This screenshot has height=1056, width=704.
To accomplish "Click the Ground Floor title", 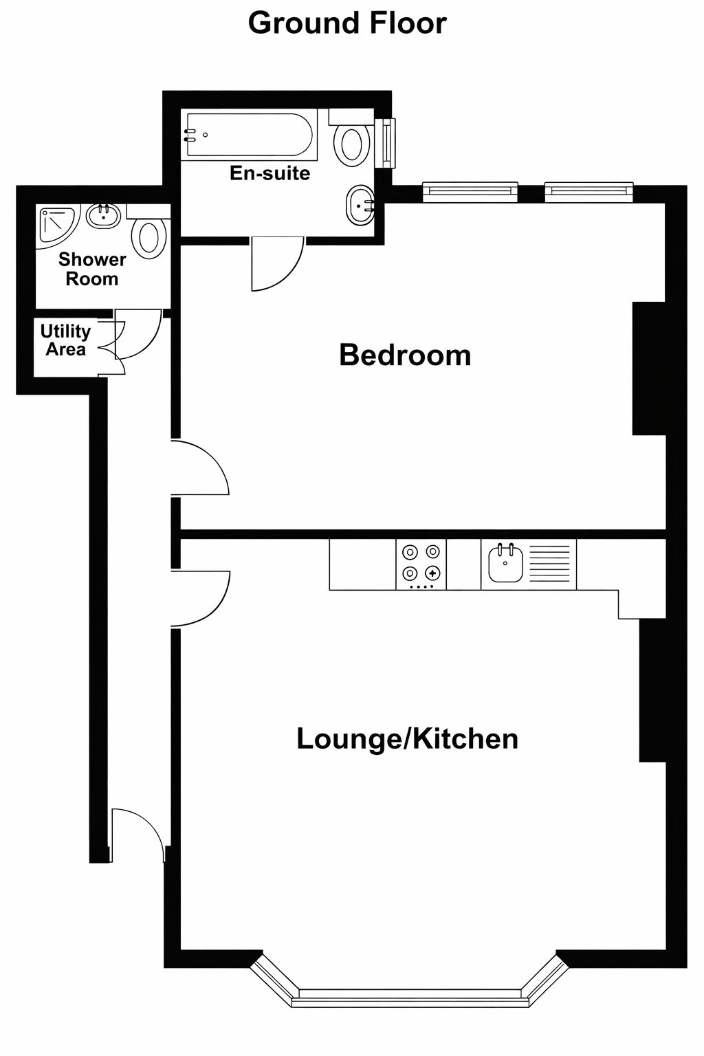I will pyautogui.click(x=347, y=23).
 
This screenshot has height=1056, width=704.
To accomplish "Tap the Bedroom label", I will pyautogui.click(x=405, y=355).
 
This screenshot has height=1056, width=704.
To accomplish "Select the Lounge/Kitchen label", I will pyautogui.click(x=407, y=739).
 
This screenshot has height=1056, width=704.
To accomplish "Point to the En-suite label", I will pyautogui.click(x=269, y=173).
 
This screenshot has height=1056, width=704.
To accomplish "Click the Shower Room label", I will pyautogui.click(x=92, y=269).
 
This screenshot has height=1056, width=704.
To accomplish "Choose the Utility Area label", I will pyautogui.click(x=65, y=340).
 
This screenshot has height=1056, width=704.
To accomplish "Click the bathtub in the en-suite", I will pyautogui.click(x=249, y=135).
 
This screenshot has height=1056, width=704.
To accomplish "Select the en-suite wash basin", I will pyautogui.click(x=360, y=204).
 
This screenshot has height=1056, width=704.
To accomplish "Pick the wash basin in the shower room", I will pyautogui.click(x=104, y=216).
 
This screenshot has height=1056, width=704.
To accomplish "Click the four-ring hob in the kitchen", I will pyautogui.click(x=421, y=564).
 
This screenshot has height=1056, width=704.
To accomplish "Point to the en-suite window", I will pyautogui.click(x=389, y=142).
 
